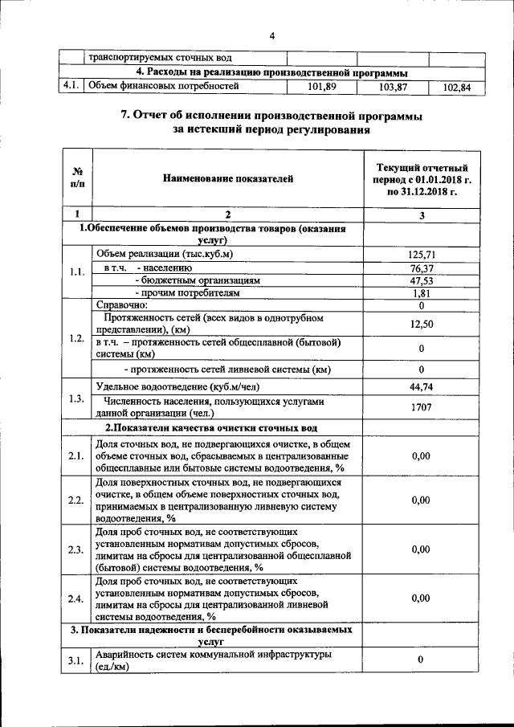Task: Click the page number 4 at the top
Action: click(x=272, y=36)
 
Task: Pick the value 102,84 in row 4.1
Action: click(x=455, y=86)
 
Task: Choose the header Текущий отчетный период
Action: click(x=421, y=179)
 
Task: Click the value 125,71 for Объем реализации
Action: click(x=422, y=255)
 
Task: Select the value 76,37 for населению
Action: click(x=422, y=268)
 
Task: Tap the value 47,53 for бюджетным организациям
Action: click(x=422, y=280)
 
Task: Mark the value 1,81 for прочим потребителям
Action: click(x=422, y=293)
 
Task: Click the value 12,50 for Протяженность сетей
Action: click(x=422, y=324)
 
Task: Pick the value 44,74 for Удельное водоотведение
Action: click(x=422, y=387)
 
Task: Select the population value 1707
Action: click(x=422, y=407)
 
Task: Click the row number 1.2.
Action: click(x=77, y=337)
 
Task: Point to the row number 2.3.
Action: click(x=77, y=549)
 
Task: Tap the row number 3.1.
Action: click(x=77, y=660)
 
